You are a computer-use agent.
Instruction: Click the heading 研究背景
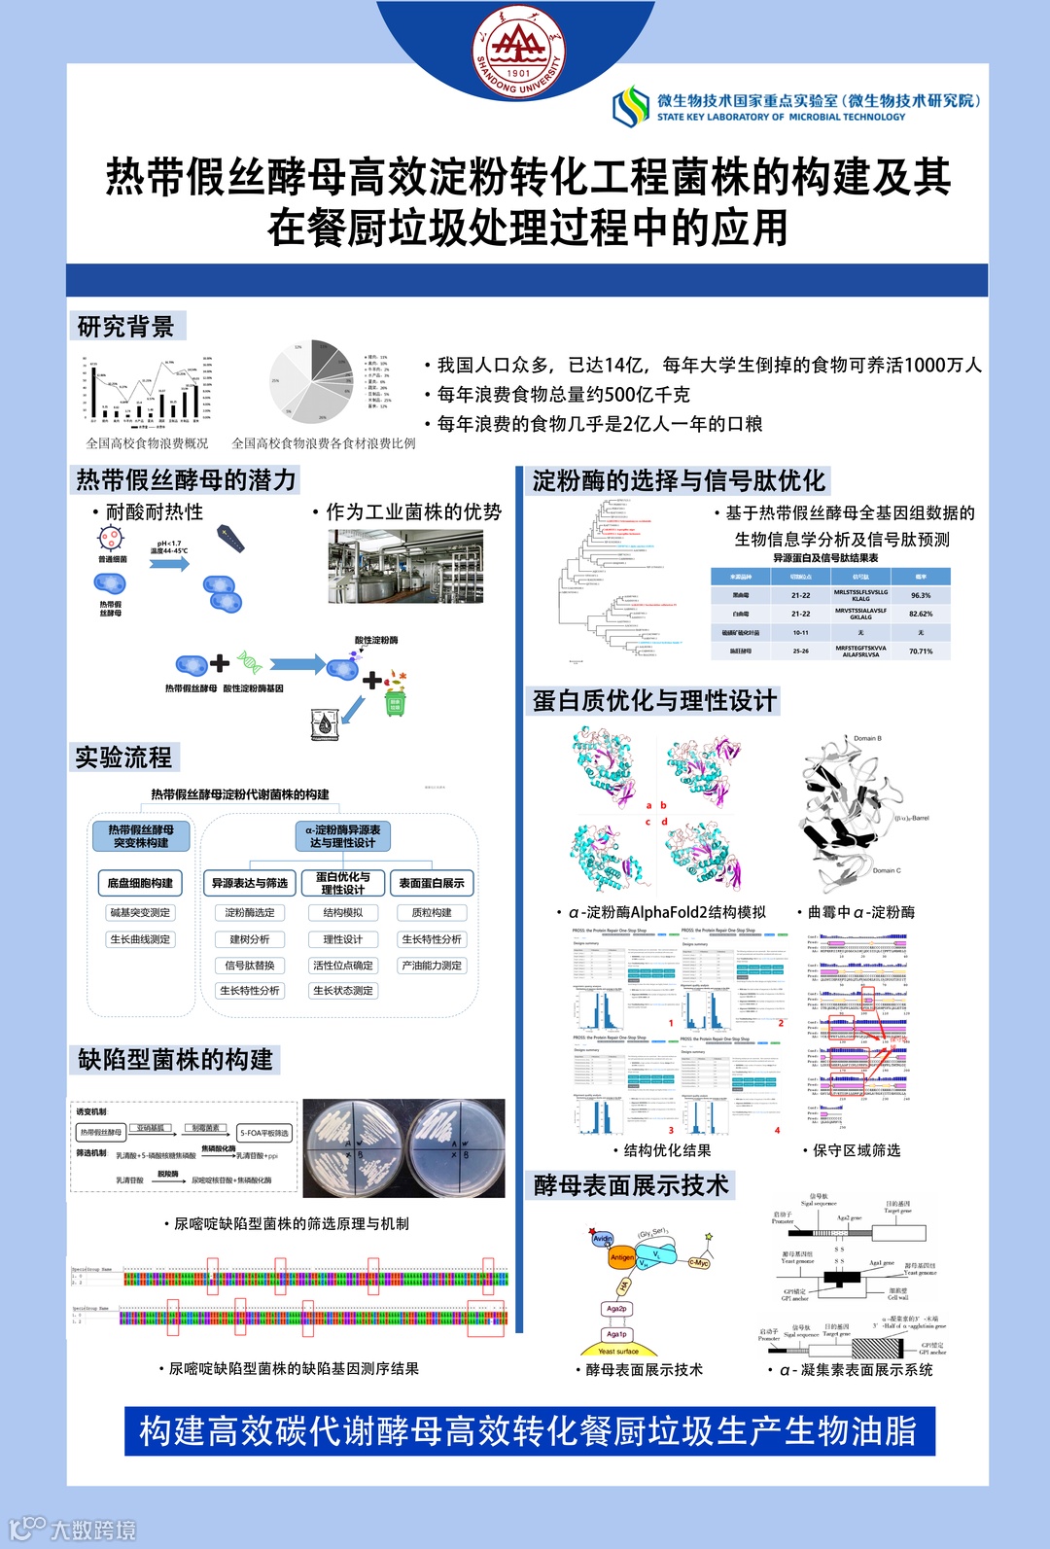pos(126,327)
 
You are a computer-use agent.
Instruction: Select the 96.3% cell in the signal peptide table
pos(920,595)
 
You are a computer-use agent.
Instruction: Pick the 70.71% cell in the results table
pos(920,651)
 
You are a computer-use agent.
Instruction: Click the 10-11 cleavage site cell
pos(800,633)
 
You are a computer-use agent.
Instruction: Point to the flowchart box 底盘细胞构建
pos(140,883)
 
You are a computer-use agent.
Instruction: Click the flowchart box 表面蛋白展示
pos(432,883)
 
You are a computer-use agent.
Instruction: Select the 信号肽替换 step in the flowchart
pos(250,966)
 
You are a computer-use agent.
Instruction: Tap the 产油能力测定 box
pos(432,966)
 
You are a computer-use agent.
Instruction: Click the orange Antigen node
pos(622,1257)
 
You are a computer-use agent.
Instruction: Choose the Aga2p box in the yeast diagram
pos(616,1309)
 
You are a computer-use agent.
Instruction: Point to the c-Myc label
pos(699,1263)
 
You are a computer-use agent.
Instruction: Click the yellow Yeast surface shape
pos(618,1351)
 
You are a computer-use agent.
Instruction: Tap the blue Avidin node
pos(603,1238)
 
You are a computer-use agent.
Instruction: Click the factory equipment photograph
pos(405,566)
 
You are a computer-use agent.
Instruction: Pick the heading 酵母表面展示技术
pos(631,1185)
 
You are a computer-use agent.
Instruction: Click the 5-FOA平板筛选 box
pos(264,1133)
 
